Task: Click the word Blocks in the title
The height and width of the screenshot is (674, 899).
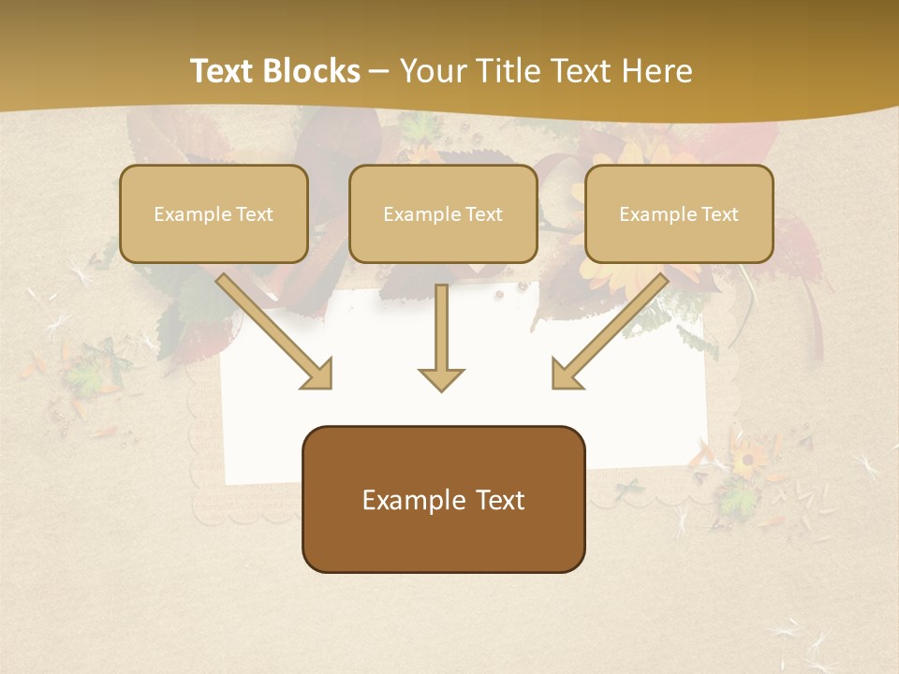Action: pos(312,71)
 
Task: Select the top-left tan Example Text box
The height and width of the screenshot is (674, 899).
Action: pos(214,213)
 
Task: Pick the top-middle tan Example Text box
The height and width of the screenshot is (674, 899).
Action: pos(443,213)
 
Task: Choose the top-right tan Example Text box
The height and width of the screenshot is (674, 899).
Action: pos(679,213)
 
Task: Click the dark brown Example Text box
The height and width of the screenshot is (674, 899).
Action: pos(443,499)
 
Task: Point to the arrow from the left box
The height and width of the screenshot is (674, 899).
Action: pos(273,331)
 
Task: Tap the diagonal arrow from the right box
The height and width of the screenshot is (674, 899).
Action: pos(611,331)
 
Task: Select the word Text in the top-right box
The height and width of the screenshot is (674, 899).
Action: pos(720,214)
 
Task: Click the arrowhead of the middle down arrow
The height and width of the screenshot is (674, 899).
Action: pos(442,379)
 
